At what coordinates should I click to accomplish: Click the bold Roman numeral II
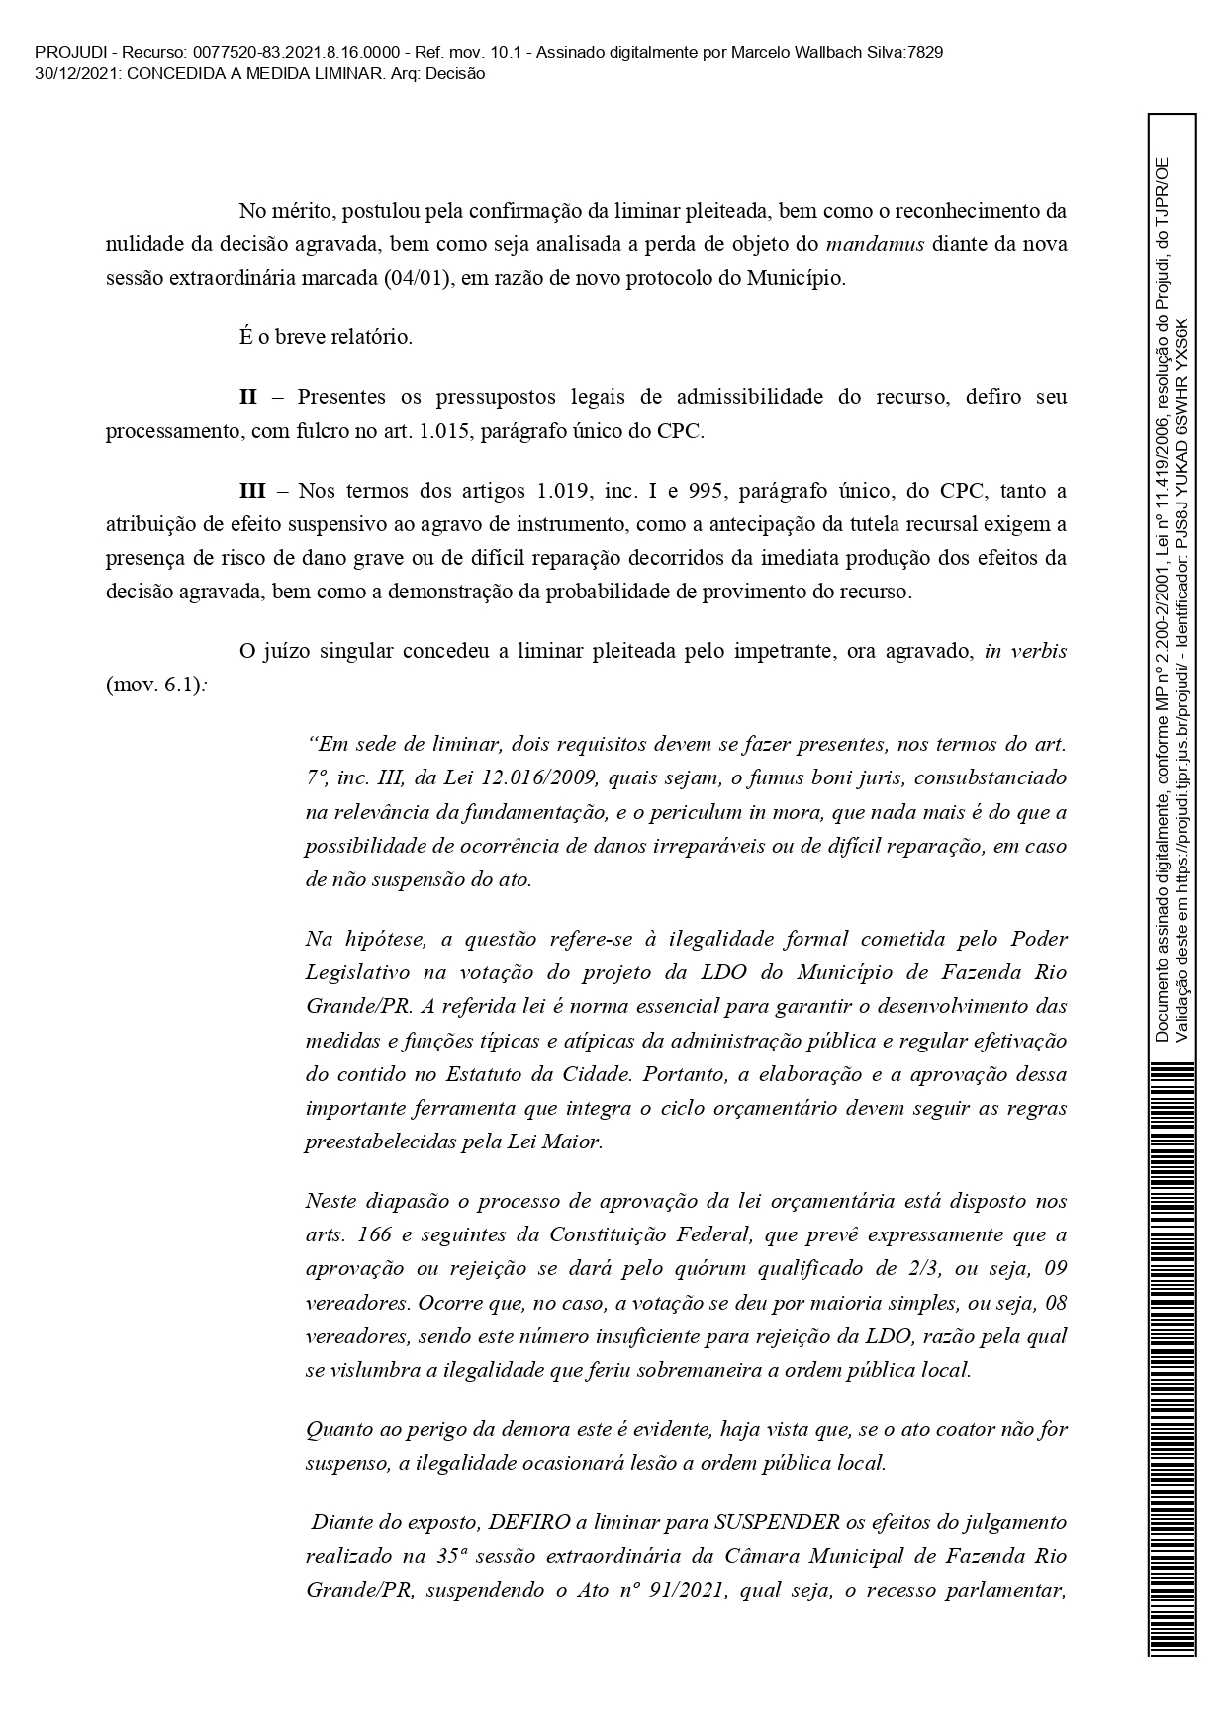coord(247,398)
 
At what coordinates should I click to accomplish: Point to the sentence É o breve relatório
coord(326,337)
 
